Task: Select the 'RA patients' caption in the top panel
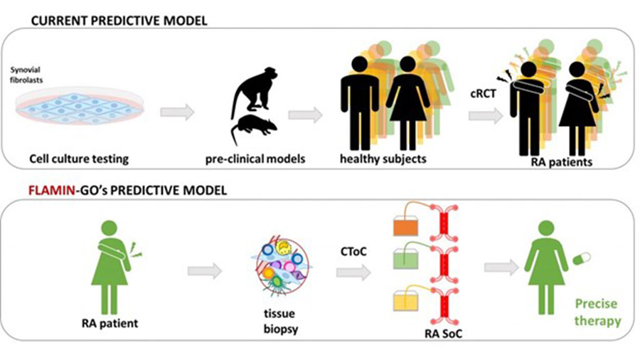[x=562, y=162]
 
